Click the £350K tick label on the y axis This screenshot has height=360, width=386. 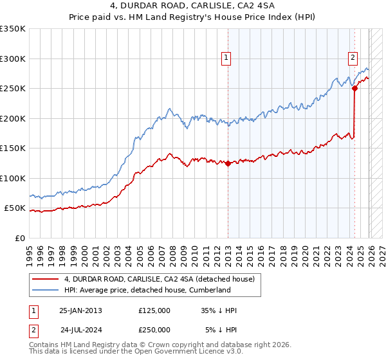point(13,29)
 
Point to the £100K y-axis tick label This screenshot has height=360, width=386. point(13,178)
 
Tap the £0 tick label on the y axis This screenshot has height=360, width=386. point(19,238)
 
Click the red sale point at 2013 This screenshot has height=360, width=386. point(228,163)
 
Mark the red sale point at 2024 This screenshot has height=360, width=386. point(354,89)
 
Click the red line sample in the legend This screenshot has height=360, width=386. point(46,279)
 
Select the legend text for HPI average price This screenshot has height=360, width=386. point(147,290)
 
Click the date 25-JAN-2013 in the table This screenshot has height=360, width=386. point(80,310)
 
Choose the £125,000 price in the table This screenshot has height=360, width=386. point(154,310)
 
